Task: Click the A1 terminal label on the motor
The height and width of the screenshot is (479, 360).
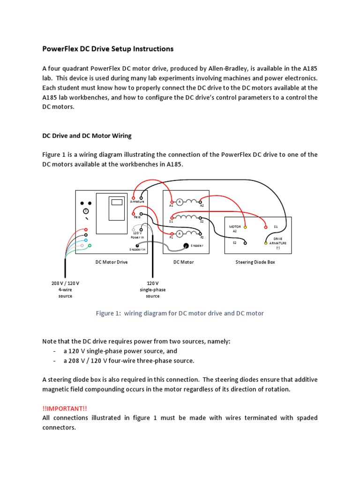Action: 171,205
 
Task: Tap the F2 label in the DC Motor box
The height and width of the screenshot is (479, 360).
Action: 202,238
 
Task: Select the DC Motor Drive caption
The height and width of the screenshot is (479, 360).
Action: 112,262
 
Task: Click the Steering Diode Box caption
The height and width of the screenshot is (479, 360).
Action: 255,262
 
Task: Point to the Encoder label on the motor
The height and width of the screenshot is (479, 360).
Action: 197,246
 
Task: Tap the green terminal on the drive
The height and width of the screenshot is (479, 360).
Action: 90,245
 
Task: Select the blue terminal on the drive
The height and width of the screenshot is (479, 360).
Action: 86,240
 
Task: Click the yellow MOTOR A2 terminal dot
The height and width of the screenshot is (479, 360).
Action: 245,227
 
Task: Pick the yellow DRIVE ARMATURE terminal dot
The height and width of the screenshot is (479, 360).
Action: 266,243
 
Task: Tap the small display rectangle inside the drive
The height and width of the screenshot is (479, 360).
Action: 117,202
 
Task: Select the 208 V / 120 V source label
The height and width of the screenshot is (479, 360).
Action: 65,283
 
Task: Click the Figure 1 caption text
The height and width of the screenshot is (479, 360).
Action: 180,313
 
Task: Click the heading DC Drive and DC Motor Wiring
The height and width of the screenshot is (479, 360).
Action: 87,136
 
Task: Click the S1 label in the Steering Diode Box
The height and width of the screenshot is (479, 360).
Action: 276,227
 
